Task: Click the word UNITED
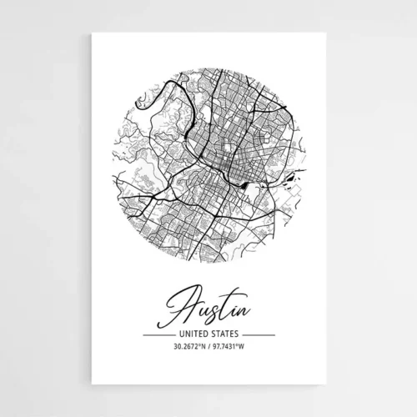click(x=189, y=334)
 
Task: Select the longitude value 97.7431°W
click(x=231, y=348)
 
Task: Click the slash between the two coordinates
click(x=208, y=348)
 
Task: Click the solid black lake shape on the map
click(x=248, y=186)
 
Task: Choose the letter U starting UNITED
click(x=170, y=334)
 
